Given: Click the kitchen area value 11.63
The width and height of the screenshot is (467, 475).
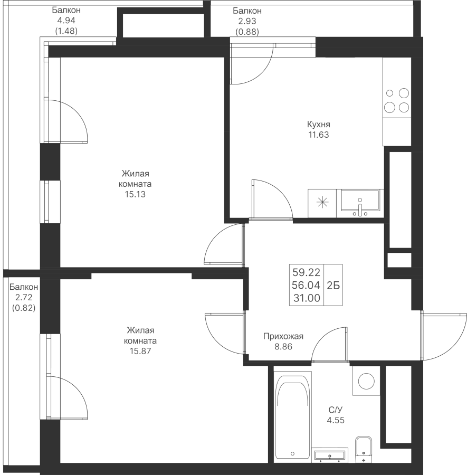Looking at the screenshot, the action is point(319,135).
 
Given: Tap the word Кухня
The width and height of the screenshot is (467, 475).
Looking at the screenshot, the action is point(319,124).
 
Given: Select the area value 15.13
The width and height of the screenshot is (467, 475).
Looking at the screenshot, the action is point(135,194).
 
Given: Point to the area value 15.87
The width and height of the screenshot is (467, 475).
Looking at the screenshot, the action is point(140,351).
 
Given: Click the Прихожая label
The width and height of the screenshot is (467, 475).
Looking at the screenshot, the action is point(283,336).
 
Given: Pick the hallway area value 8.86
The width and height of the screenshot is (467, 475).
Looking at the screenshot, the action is point(283,347).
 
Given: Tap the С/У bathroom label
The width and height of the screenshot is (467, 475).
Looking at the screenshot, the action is point(336,410).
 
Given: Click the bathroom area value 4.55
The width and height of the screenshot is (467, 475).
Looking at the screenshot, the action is point(336,420).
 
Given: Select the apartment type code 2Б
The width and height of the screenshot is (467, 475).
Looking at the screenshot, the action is point(333,285).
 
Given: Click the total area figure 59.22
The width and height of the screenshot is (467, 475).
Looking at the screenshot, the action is point(306,272).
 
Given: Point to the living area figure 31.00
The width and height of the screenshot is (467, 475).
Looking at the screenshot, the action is point(307,298).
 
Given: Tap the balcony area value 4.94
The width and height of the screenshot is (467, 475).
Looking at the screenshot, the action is point(66,21).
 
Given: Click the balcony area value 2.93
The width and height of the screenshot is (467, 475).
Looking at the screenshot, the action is point(247,21).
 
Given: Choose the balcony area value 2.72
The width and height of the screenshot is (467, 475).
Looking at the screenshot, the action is point(24,298).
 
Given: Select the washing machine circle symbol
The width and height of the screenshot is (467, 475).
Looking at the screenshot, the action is point(366,381).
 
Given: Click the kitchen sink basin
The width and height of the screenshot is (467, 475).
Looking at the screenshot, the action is point(360,200).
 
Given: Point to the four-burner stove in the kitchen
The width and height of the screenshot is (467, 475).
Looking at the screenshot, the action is point(397,100).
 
